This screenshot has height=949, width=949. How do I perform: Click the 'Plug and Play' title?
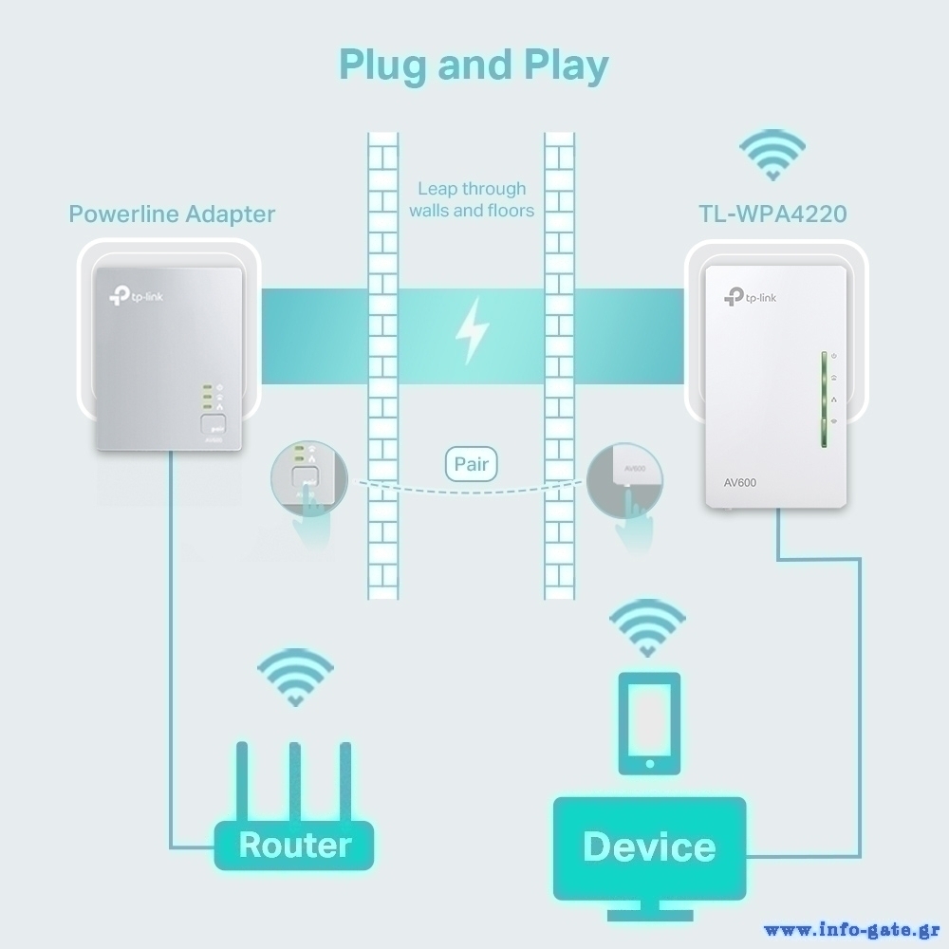coord(474,65)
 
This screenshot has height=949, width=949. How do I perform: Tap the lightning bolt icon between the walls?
coord(472,331)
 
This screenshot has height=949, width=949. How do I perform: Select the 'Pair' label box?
coord(472,465)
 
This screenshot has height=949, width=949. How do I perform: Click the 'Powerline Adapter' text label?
coord(172,214)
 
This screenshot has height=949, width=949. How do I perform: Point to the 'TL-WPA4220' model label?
coord(772,214)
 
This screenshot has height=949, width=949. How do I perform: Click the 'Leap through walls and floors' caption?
coord(472,199)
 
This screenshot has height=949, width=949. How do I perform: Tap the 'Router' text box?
coord(294,845)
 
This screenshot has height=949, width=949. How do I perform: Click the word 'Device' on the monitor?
coord(649,846)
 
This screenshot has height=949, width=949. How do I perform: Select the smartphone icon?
coord(649,723)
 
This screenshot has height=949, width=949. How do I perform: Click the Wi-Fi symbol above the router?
coord(295,676)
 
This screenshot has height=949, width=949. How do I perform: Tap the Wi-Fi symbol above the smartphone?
coord(648,627)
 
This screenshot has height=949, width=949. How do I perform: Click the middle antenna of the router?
coord(295,784)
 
